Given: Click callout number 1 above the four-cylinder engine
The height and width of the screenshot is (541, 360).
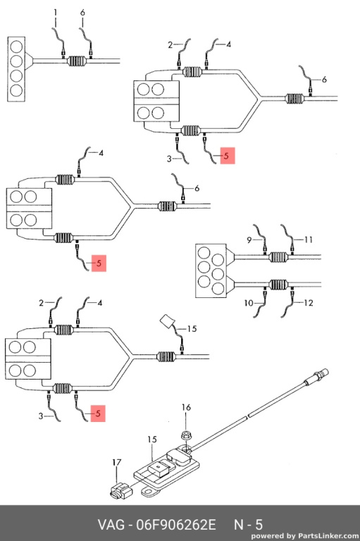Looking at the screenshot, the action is coord(55,13).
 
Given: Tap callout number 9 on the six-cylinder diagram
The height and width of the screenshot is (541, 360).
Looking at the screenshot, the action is coord(249,240).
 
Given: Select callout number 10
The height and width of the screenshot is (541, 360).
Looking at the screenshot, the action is coord(249,304).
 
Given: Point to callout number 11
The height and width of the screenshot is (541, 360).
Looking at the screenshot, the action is coord(309,240).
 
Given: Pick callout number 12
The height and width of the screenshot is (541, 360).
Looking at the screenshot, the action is coord(309,303).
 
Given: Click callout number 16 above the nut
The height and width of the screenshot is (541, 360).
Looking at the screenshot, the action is coord(186,407).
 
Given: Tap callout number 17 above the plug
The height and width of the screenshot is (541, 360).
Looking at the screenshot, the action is coord(117,462).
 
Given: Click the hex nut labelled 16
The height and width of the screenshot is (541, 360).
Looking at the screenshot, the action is coord(187,435).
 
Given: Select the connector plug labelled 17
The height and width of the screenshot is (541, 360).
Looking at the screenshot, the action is coord(120,490).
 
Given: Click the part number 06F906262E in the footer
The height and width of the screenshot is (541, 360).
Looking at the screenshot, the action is coord(176,525).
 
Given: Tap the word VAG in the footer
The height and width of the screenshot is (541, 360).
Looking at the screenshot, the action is coord(111,525).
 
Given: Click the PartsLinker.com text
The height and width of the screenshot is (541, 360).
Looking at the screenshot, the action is coord(328,536).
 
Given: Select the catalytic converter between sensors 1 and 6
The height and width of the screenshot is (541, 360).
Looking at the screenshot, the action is coord(77,61).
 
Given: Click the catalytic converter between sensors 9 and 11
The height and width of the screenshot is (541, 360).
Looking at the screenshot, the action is coord(278,257).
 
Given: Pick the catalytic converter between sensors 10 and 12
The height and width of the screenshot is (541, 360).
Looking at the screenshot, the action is coord(278,285).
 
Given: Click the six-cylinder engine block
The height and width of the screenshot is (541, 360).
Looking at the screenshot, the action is coord(211,270).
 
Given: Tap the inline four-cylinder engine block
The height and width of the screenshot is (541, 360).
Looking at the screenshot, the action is coord(16,69).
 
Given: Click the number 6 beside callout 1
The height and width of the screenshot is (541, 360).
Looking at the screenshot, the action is coord(82,13).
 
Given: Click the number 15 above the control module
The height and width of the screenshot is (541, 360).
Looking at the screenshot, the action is coord(152,440).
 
